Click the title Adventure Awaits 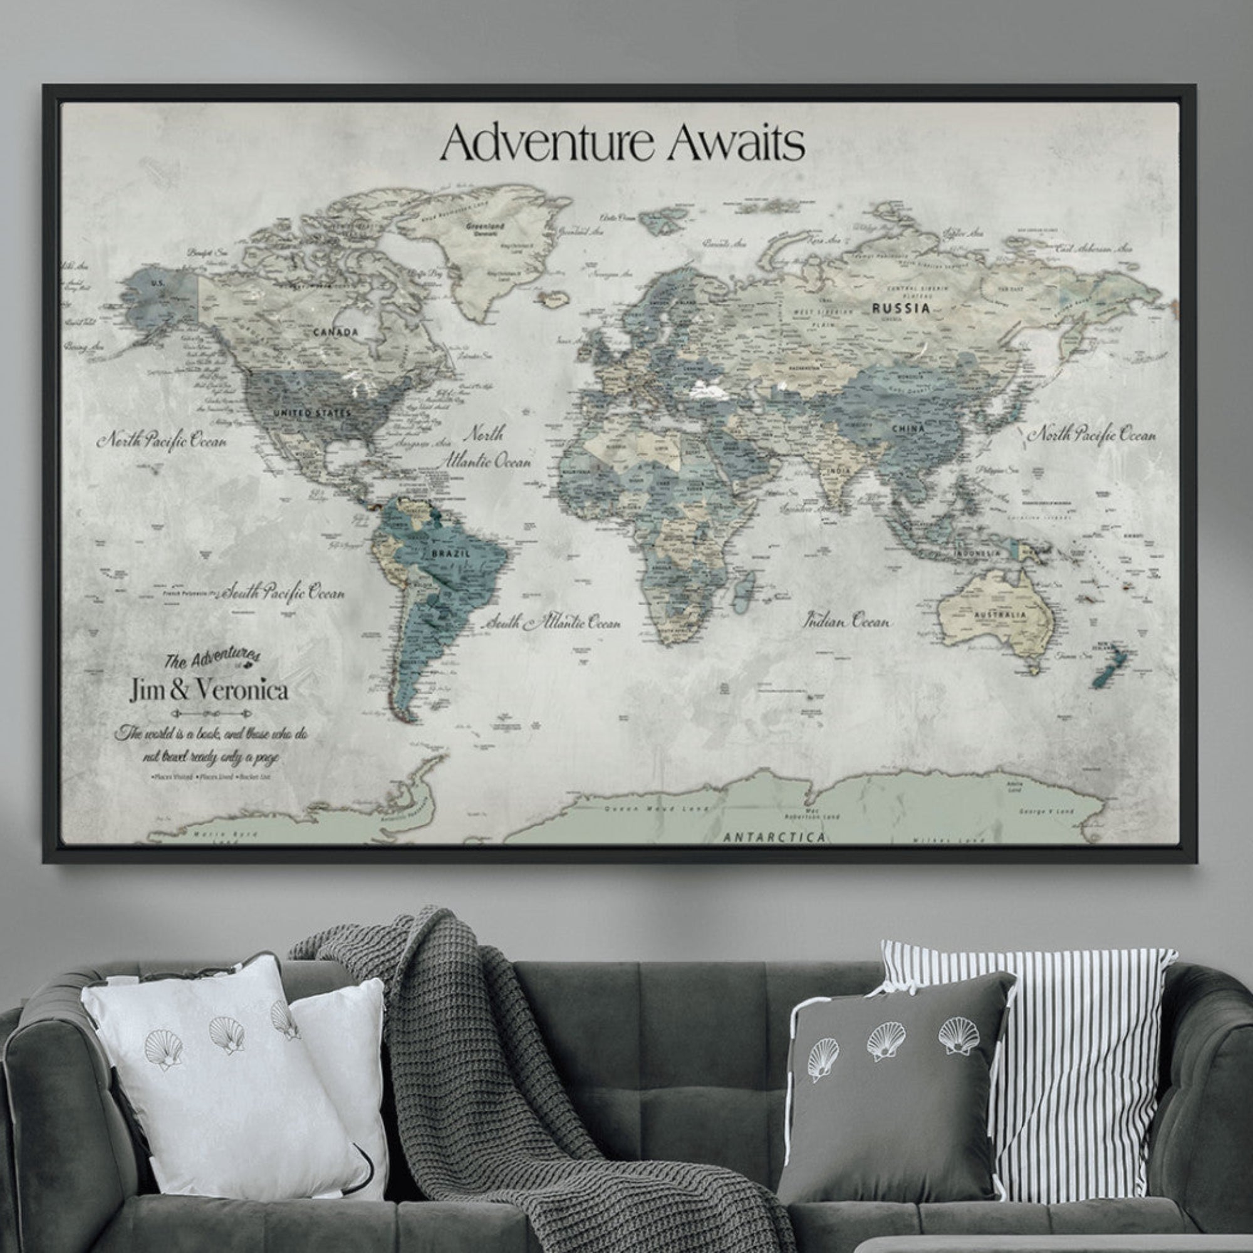click(x=622, y=144)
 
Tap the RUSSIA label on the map click(x=900, y=308)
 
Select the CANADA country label click(x=335, y=333)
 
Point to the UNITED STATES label click(x=312, y=413)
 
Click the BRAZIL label click(x=450, y=554)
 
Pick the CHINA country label click(x=908, y=429)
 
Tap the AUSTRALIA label click(x=1001, y=614)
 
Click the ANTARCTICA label click(x=774, y=836)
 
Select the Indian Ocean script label click(x=847, y=621)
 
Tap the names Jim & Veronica click(x=209, y=689)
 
